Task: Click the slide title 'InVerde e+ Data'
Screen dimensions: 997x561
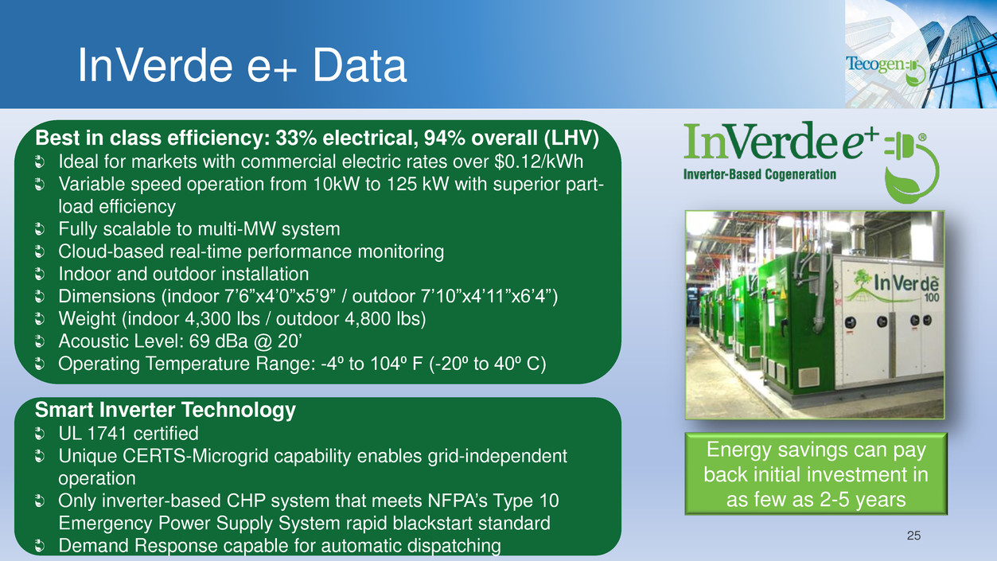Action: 242,66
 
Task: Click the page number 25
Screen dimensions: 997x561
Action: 913,536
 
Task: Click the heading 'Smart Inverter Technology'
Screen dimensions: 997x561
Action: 166,410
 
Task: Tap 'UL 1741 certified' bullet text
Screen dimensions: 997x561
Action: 128,433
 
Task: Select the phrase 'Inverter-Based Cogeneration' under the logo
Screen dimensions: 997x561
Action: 760,174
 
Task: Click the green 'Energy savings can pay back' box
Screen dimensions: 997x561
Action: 816,473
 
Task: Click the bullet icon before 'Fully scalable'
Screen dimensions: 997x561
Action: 40,230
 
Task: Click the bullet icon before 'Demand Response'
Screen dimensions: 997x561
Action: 40,546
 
